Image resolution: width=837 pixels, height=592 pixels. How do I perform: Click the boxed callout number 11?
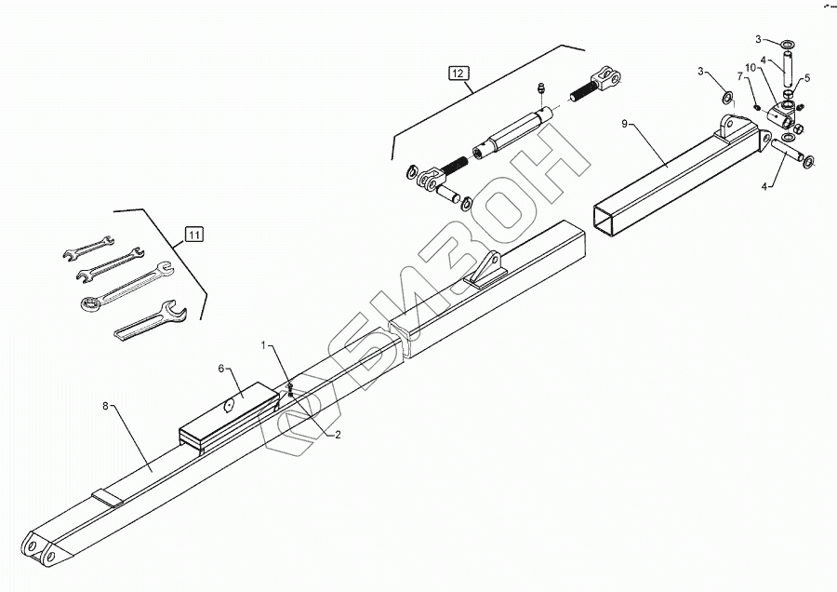tap(193, 234)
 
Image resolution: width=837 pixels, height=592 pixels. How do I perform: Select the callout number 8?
tap(106, 406)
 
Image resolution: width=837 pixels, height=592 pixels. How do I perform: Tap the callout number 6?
tap(221, 368)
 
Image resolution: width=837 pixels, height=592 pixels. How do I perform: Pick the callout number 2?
tap(338, 434)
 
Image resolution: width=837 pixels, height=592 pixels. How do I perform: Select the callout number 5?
tap(806, 78)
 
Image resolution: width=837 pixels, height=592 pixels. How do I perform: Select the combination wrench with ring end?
tap(123, 285)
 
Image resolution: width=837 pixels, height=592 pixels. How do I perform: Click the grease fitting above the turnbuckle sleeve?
tap(539, 89)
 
